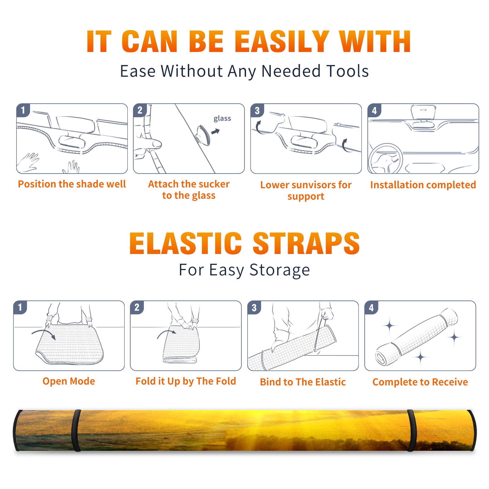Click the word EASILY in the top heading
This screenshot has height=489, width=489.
[x=282, y=42]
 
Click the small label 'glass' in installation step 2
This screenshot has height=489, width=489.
[x=222, y=119]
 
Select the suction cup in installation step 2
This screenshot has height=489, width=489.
[x=203, y=135]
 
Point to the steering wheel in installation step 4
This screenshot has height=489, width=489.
[x=385, y=158]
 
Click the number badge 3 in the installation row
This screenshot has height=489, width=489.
[x=257, y=110]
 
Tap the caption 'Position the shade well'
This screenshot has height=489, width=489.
[x=72, y=184]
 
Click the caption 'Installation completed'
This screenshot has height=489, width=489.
[x=423, y=185]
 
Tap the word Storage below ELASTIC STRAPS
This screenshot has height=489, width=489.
[x=280, y=270]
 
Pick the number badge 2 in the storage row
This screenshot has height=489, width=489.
[x=137, y=307]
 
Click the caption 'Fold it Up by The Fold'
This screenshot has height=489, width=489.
[x=186, y=381]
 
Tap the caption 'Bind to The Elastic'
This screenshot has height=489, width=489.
[x=303, y=382]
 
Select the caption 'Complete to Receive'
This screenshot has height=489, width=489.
[x=420, y=382]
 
